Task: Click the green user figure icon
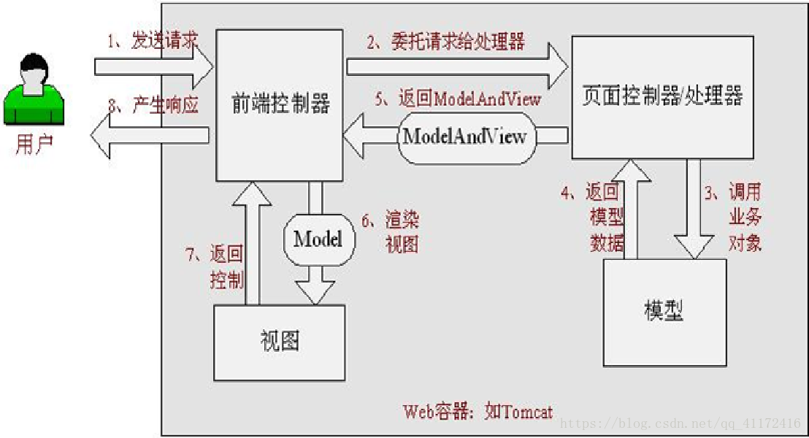click(x=33, y=91)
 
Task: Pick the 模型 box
click(x=664, y=312)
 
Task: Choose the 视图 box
click(x=279, y=342)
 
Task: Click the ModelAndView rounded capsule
click(x=465, y=137)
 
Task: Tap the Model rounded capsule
click(x=318, y=239)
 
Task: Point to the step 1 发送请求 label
click(x=153, y=41)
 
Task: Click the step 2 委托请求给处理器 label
click(x=445, y=42)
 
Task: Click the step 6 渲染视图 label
click(x=393, y=232)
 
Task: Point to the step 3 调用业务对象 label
click(x=736, y=218)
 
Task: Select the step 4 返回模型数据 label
click(x=594, y=218)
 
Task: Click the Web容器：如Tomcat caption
click(x=478, y=411)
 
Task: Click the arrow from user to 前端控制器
click(x=153, y=66)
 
